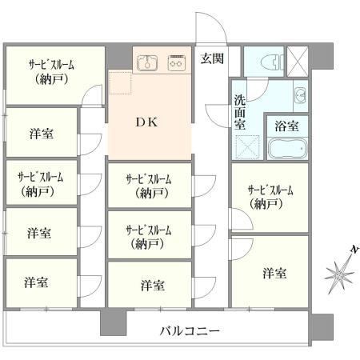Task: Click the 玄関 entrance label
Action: tap(212, 58)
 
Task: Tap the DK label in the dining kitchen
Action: tap(146, 122)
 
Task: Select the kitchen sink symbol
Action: tap(147, 63)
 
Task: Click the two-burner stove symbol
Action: tap(176, 63)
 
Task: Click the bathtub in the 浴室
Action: tap(287, 148)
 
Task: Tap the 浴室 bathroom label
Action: tap(287, 126)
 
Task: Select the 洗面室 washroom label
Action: tap(240, 112)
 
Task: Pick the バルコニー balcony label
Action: tap(190, 331)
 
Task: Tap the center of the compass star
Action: tap(339, 274)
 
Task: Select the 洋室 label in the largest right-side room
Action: tap(274, 273)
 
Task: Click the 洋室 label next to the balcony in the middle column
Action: tap(153, 286)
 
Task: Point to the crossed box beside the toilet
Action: tap(298, 62)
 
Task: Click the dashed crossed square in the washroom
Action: tap(248, 147)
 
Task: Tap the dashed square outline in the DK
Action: tap(120, 82)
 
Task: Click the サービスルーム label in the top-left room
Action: tap(51, 65)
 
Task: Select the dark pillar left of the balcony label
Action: tap(113, 322)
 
